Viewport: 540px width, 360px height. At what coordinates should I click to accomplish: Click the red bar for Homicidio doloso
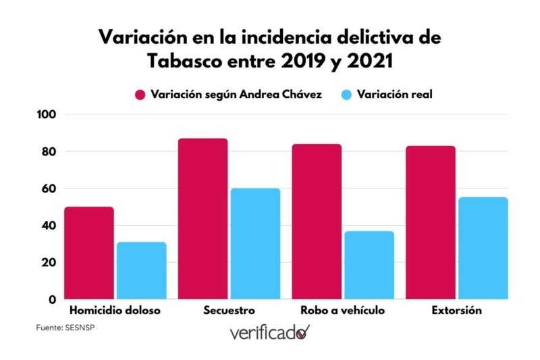tap(88, 253)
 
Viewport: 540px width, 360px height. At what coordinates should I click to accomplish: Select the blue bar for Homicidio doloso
tap(141, 270)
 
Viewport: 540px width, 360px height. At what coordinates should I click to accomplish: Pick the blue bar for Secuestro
tap(255, 243)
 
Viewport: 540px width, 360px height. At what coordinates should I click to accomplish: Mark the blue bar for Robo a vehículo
tap(369, 265)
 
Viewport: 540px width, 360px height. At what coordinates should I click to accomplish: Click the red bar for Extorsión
tap(431, 222)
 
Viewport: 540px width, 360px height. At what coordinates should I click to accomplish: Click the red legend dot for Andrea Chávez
tap(140, 95)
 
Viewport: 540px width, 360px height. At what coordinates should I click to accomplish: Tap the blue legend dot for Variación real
tap(346, 95)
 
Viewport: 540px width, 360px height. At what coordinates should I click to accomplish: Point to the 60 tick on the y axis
tap(51, 188)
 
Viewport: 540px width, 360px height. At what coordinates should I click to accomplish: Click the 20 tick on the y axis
tap(51, 262)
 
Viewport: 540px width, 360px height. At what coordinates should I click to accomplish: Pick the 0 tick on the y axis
tap(54, 299)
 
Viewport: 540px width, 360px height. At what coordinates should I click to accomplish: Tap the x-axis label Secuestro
tap(229, 311)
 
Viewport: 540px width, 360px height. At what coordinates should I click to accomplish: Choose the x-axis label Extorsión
tap(457, 311)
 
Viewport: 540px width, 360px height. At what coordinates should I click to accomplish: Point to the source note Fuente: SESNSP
tap(61, 328)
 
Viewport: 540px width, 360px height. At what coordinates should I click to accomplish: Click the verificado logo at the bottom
tap(269, 333)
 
